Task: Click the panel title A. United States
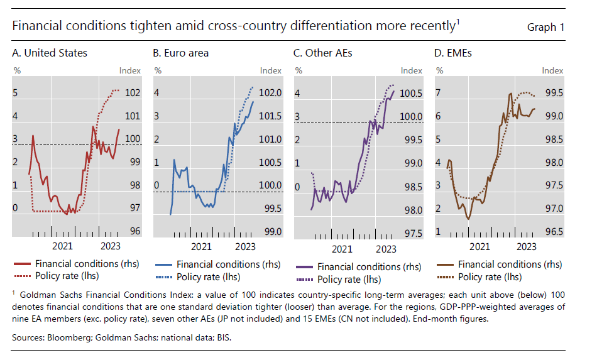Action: click(x=50, y=53)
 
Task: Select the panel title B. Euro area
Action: click(x=181, y=53)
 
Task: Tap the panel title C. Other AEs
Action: click(x=323, y=53)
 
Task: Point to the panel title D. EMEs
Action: click(x=453, y=53)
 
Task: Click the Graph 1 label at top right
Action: click(x=545, y=27)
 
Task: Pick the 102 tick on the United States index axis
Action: click(x=133, y=93)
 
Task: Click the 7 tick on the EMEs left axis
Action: click(x=438, y=93)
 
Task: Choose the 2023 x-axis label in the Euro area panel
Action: click(x=244, y=246)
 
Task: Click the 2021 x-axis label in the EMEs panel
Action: click(x=480, y=246)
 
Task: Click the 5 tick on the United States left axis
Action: click(x=16, y=93)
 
